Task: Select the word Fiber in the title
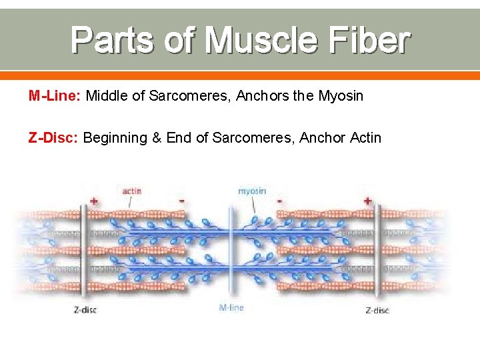[375, 40]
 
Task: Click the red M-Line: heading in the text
[54, 96]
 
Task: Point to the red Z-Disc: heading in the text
[53, 138]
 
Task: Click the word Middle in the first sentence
[107, 96]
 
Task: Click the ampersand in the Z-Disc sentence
[157, 138]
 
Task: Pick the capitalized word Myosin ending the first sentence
[341, 96]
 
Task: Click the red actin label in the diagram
[131, 191]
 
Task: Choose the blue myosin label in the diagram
[252, 191]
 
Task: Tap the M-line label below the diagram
[231, 307]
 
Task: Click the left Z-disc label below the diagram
[85, 309]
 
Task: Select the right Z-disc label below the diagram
[377, 310]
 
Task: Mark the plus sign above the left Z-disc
[94, 199]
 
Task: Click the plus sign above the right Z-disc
[367, 199]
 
